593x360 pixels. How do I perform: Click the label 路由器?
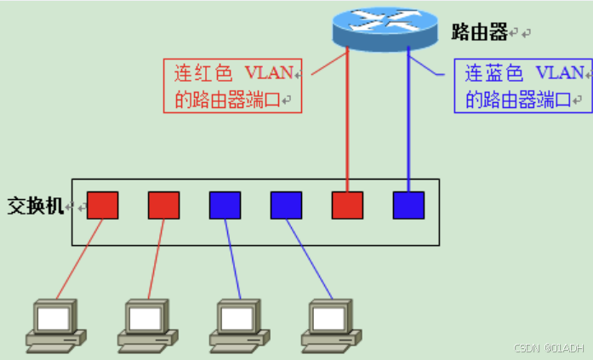pos(479,32)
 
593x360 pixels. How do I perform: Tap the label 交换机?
pos(35,206)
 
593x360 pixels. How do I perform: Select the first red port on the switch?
pos(102,205)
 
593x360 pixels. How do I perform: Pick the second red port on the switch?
pos(163,205)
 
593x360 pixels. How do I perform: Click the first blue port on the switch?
pos(225,205)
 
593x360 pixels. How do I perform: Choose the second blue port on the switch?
pos(286,205)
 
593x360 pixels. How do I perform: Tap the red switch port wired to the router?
pos(347,205)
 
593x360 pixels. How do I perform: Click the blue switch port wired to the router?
pos(408,205)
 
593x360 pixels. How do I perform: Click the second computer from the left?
pos(145,324)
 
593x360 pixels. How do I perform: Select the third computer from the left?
pos(239,324)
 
